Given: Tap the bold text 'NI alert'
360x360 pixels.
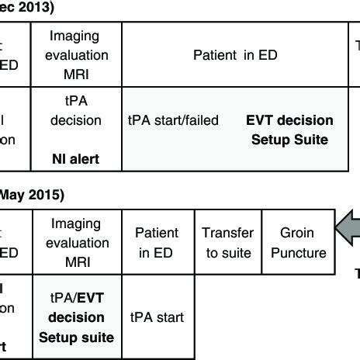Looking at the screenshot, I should coord(74,161).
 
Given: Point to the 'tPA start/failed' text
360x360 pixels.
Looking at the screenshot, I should coord(173,120).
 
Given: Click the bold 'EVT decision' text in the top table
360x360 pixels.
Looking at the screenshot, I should coord(289,120).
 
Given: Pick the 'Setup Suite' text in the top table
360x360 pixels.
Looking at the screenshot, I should coord(289,140).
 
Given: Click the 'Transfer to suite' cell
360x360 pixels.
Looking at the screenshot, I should coord(228,243).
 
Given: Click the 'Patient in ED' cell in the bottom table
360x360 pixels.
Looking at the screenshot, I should coord(157,243).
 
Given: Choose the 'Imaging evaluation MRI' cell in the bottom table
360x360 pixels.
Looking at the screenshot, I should coord(76,243).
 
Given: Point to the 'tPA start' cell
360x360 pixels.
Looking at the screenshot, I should coord(157,317).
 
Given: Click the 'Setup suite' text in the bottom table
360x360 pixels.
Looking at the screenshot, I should coord(76,337).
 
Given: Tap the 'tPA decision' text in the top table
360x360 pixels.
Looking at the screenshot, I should coord(74,111).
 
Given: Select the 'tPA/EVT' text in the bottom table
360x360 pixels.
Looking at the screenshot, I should coord(76,299).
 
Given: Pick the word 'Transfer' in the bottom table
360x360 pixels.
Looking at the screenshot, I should coord(228,233).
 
